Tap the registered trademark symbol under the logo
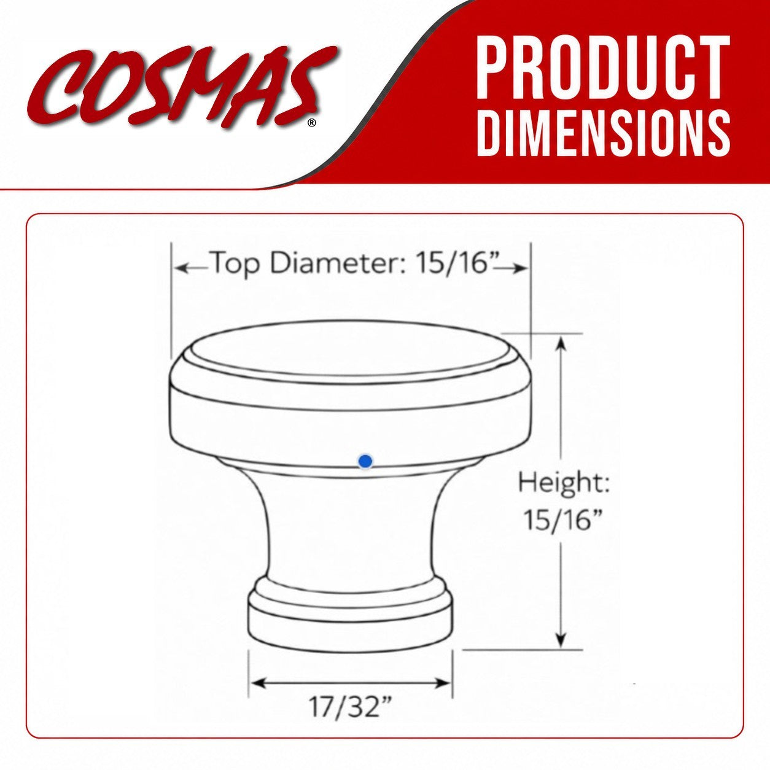pos(312,123)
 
